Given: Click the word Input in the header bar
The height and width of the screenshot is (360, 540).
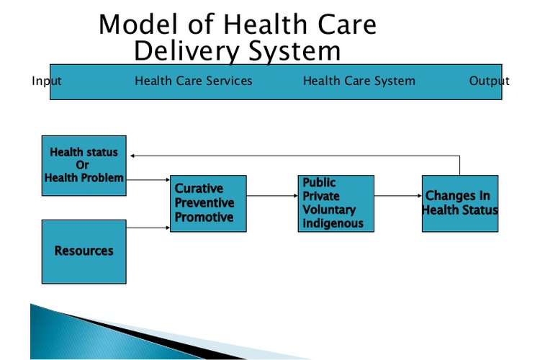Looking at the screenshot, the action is pos(47,81).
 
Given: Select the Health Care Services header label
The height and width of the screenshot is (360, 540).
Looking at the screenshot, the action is pos(194,81).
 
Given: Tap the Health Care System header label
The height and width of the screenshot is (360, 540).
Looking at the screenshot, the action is pos(359,81).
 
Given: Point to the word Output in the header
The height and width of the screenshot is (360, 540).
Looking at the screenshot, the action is pos(489,81).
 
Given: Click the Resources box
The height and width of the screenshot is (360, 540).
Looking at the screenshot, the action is pos(84,252).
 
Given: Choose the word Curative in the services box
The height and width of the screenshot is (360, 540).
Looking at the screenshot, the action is pos(199,189).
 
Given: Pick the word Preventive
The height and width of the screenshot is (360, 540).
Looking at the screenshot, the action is pos(204,203).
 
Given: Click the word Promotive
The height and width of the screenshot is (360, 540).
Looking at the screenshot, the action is pos(204,217).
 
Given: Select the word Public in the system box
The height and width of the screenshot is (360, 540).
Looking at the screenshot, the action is pos(319,182).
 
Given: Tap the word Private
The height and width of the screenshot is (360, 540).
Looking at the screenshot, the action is pos(321,196).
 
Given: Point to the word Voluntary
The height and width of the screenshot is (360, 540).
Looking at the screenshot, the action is pos(329,210).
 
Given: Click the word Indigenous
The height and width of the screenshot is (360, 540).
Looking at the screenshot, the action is pos(333,223).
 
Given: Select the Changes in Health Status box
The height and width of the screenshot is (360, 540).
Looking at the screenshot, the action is pos(460,204).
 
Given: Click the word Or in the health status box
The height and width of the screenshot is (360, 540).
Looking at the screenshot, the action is pos(82,165).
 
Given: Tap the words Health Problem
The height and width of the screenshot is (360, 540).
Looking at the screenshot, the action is pos(84,178).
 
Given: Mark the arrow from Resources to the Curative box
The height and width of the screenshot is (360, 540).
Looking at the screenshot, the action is pos(148,228).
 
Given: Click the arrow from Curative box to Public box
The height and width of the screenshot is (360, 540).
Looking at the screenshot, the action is pos(272,196).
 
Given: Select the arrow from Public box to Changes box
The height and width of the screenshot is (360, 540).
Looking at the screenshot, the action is pos(398,196).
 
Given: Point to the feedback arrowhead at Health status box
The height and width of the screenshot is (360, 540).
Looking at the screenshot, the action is pos(132,156).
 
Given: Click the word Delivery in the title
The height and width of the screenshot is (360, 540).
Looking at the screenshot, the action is pos(186,51).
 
